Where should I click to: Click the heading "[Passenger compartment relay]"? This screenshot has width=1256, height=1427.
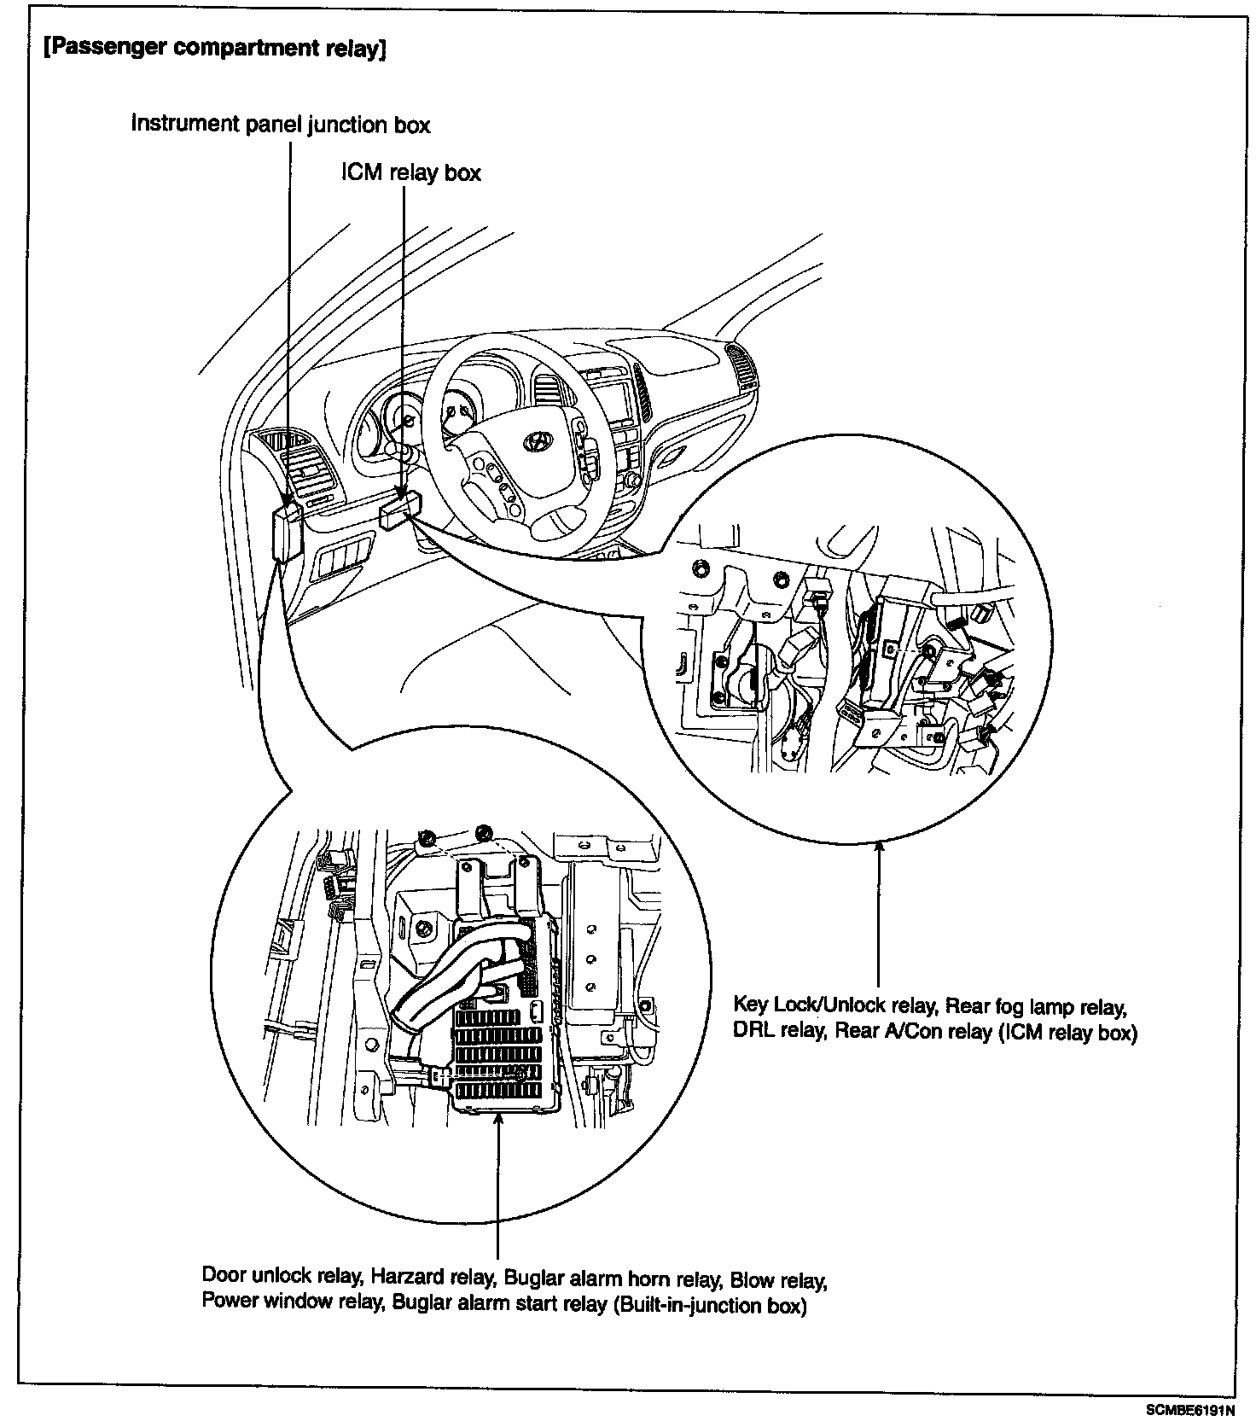213,48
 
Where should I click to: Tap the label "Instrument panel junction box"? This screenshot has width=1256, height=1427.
280,124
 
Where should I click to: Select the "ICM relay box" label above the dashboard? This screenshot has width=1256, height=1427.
411,172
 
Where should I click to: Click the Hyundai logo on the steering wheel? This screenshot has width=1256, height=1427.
538,440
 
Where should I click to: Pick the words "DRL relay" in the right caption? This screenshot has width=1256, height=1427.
776,1031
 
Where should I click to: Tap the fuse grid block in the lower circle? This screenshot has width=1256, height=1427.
499,1055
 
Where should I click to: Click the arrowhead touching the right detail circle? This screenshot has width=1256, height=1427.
879,845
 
